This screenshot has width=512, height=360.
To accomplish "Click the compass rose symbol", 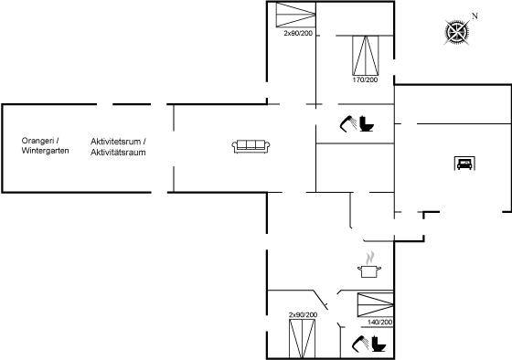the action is coord(457,32).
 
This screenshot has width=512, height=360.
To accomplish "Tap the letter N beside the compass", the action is coord(475,16).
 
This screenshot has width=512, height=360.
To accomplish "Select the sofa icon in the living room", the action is coord(251,146).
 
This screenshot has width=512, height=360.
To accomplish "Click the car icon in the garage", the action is coord(464,164).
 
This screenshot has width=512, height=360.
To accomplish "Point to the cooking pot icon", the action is coord(369,271).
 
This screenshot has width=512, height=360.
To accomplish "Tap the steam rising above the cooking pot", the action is coord(370,258).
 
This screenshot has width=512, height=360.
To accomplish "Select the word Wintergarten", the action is coord(45,151).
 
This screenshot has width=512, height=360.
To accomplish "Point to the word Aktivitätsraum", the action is coord(118,152).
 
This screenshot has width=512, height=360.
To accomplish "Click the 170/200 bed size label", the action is coord(365,79).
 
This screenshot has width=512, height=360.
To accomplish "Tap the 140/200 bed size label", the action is coord(379,323).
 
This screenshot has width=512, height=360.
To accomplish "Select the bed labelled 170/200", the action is coord(366,56).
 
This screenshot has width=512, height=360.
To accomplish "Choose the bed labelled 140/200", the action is coord(376,305).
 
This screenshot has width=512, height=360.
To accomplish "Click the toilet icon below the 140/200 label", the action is coord(379,344).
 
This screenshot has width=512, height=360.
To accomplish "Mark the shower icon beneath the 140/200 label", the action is coord(360,344).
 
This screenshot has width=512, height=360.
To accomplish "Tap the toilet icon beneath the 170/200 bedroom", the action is coord(367,123).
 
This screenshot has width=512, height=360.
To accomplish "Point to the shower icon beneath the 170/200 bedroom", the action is coord(348,123).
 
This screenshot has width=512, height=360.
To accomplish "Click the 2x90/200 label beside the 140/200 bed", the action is coord(303,315).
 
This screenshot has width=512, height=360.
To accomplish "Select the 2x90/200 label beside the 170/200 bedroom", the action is coord(298,33).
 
